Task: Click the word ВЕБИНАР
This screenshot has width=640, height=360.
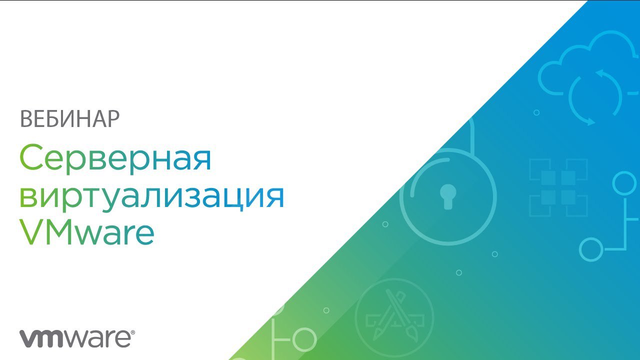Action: point(69,118)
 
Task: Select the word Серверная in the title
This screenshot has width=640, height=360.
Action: point(115,158)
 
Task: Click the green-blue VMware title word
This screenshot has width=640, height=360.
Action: point(87,232)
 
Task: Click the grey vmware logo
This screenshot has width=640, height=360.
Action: point(76,339)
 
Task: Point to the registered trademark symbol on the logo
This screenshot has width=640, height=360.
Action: point(132,333)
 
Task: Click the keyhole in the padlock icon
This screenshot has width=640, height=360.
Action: point(447,196)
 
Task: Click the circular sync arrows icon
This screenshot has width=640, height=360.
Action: point(595,97)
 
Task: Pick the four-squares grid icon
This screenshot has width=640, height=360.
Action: point(558,187)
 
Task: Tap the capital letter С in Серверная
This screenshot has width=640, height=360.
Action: point(31,157)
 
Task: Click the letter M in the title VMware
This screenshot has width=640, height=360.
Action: point(57,232)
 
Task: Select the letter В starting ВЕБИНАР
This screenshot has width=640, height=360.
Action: point(26,119)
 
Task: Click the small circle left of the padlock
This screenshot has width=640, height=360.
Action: point(385,224)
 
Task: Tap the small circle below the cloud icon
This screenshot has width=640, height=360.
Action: point(536,112)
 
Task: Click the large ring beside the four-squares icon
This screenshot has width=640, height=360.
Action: point(624,183)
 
